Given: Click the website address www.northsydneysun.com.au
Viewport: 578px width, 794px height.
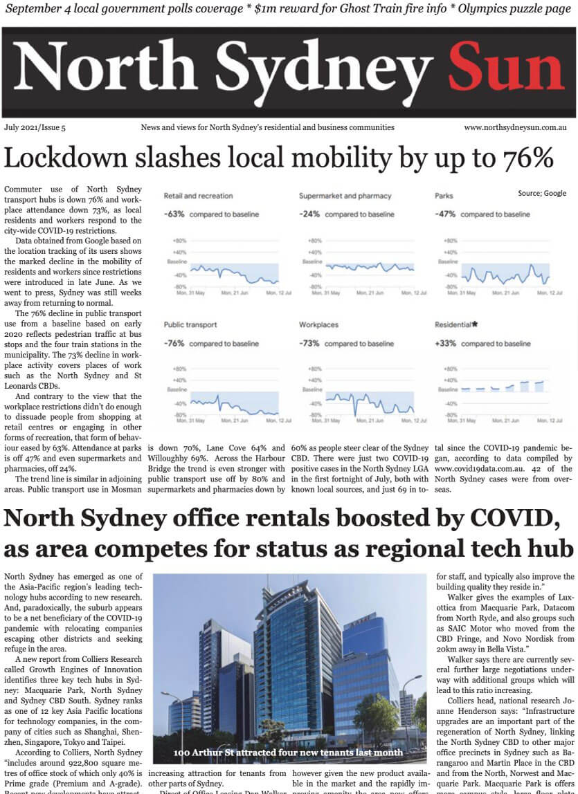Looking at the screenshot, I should (x=515, y=127).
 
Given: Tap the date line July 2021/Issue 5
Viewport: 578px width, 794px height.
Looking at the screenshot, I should (x=35, y=127).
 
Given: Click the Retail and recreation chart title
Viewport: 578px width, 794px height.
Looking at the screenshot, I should (x=198, y=196).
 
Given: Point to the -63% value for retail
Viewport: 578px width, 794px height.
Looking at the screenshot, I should (x=174, y=214).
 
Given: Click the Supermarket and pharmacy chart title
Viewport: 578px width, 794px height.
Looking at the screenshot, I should (x=345, y=196).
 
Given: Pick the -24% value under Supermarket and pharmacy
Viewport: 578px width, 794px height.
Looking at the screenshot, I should (x=309, y=214).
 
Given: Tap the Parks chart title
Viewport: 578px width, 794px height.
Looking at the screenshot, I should (x=444, y=196).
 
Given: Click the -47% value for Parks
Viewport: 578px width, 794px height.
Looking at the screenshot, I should (x=445, y=214).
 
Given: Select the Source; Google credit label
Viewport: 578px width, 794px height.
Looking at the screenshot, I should (x=541, y=193).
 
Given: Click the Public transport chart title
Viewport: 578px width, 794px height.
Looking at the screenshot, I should (x=190, y=324).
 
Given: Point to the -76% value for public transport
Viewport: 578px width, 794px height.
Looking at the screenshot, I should (x=174, y=344).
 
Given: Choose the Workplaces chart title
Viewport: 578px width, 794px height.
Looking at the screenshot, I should (x=318, y=324).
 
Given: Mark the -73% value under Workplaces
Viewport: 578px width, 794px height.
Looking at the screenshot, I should (x=309, y=344).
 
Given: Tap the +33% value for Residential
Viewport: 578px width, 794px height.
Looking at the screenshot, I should (x=445, y=344).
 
